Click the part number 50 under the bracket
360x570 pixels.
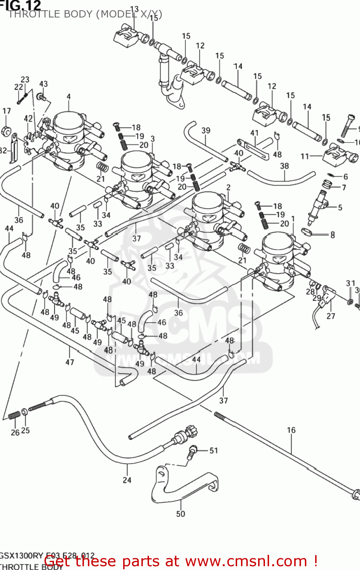tap(181, 514)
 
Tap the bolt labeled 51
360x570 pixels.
tap(193, 452)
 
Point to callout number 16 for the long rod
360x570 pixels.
tap(291, 430)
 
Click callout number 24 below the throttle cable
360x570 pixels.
tap(127, 480)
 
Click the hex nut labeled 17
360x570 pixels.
tap(6, 130)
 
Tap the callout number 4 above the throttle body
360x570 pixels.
tap(68, 97)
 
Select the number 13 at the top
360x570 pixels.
tap(134, 9)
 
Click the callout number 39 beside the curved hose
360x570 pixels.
tap(206, 130)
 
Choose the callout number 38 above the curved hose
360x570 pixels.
tap(284, 166)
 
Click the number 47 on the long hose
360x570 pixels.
tap(70, 362)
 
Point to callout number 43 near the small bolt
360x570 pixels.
tap(44, 84)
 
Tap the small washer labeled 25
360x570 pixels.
tap(24, 412)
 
